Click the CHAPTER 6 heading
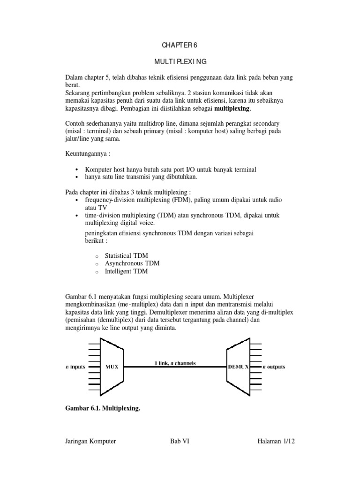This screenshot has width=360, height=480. point(180,45)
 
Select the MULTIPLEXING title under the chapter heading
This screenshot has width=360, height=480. point(180,61)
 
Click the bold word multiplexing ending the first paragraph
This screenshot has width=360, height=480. point(232,109)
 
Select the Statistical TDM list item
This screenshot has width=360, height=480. point(126,255)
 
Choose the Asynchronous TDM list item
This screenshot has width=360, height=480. point(132,263)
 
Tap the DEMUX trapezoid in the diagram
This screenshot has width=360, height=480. point(239,367)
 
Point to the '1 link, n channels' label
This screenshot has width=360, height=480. point(176,363)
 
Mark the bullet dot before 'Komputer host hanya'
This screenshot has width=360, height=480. point(76,169)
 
